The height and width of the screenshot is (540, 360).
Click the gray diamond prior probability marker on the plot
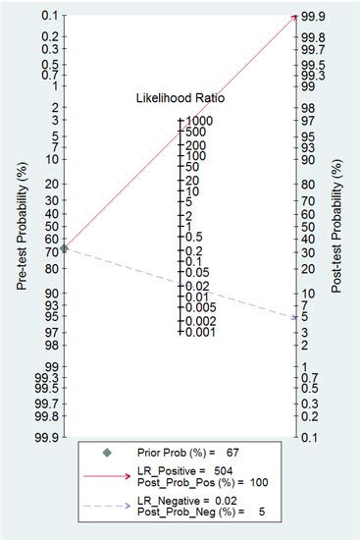pyautogui.click(x=65, y=249)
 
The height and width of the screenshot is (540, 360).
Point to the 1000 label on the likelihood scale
pyautogui.click(x=201, y=122)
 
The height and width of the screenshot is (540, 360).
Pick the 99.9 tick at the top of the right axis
pyautogui.click(x=314, y=16)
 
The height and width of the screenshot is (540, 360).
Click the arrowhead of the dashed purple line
pyautogui.click(x=293, y=317)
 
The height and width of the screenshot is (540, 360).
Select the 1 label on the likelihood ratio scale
pyautogui.click(x=187, y=226)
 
